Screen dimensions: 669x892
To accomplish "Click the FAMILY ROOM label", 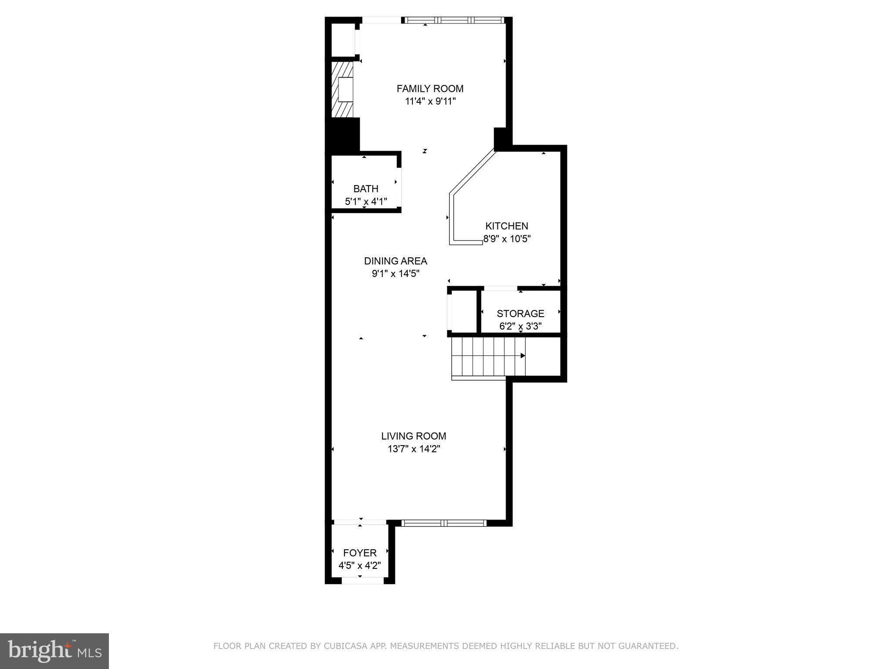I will coord(430,89).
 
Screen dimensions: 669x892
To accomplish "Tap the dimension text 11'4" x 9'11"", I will coord(430,101).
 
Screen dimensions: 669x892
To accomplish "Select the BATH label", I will coord(365,189).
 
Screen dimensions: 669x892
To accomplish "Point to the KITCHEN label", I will coord(507,226).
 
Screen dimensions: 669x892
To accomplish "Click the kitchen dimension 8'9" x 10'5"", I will coord(507,239).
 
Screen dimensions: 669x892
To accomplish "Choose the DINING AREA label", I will coord(395,261).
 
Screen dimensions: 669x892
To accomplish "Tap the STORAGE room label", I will coord(520,314).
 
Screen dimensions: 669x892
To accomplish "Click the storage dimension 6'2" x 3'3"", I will coord(520,326).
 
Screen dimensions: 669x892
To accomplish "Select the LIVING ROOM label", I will coord(413,436).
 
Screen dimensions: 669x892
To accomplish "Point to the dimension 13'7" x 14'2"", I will coord(413,449).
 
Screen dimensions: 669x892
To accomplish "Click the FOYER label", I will coord(360,553).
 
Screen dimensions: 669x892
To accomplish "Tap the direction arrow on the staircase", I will coord(523,356).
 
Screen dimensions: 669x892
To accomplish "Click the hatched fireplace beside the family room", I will coord(342,89).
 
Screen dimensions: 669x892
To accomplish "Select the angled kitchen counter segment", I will coord(473,172).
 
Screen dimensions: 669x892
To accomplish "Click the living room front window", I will coord(443,523).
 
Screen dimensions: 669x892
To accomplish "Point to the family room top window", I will coord(453,20).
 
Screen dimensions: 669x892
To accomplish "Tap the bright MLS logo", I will coord(54,651).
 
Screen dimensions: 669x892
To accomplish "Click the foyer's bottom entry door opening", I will coord(362,581).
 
